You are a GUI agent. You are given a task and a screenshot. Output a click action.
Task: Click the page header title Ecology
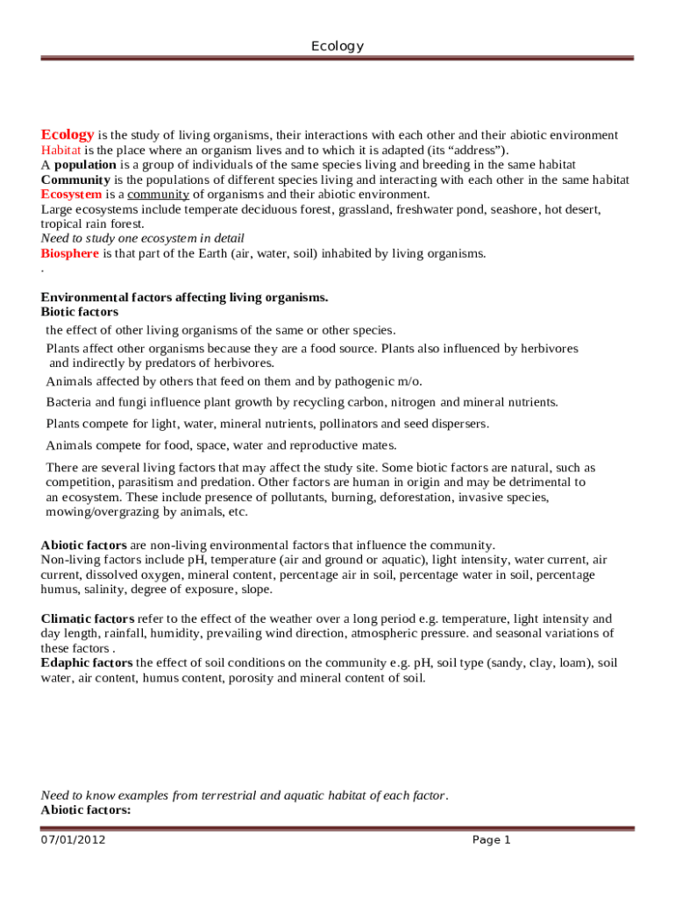point(337,46)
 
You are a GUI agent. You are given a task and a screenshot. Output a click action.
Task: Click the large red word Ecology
point(67,135)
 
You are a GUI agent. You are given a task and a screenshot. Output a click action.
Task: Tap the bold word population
point(85,165)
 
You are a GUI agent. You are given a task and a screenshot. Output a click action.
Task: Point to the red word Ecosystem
point(71,194)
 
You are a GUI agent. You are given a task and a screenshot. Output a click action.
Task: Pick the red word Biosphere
point(70,254)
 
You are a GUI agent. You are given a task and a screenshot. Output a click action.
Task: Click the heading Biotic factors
point(80,312)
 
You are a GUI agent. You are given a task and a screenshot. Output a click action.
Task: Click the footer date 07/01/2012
point(74,840)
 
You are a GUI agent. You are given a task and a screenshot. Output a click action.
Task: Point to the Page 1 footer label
point(491,840)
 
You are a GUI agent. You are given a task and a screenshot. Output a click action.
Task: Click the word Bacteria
point(68,402)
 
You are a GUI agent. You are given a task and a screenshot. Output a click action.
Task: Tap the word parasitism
point(135,483)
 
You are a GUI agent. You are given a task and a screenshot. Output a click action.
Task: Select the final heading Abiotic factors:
point(86,810)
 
